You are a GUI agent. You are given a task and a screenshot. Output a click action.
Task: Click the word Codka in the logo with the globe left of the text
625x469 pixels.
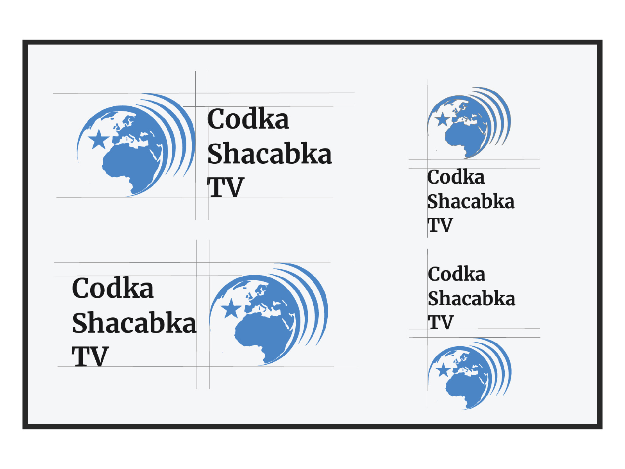pos(248,119)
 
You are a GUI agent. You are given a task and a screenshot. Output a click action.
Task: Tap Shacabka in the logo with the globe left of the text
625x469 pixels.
pos(269,154)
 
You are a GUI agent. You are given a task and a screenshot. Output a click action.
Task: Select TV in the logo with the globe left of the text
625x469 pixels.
pos(225,188)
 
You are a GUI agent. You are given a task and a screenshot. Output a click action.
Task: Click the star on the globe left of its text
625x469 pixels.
pos(99,140)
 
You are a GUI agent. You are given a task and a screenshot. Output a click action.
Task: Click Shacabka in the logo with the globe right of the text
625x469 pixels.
pos(134,323)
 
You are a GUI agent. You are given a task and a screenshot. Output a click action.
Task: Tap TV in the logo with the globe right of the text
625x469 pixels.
pos(90,356)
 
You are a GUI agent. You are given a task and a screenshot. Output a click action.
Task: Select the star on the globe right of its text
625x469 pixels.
pos(231,308)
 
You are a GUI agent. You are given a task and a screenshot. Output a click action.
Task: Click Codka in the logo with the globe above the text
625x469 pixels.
pos(456,177)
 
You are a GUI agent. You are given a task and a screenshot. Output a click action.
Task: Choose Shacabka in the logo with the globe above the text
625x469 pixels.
pos(471,202)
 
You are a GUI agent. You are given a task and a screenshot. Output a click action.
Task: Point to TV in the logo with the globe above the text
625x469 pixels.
pos(440,225)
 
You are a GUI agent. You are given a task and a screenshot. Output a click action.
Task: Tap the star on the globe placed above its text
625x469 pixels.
pos(443,120)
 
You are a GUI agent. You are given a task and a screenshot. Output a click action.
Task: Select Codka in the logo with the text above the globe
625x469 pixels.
pos(457,274)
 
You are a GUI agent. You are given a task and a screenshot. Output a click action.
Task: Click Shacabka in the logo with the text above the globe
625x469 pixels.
pos(471,299)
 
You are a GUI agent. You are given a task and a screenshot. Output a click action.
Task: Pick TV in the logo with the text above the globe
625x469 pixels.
pos(441,322)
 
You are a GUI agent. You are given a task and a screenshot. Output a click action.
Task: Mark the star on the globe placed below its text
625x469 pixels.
pos(443,370)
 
